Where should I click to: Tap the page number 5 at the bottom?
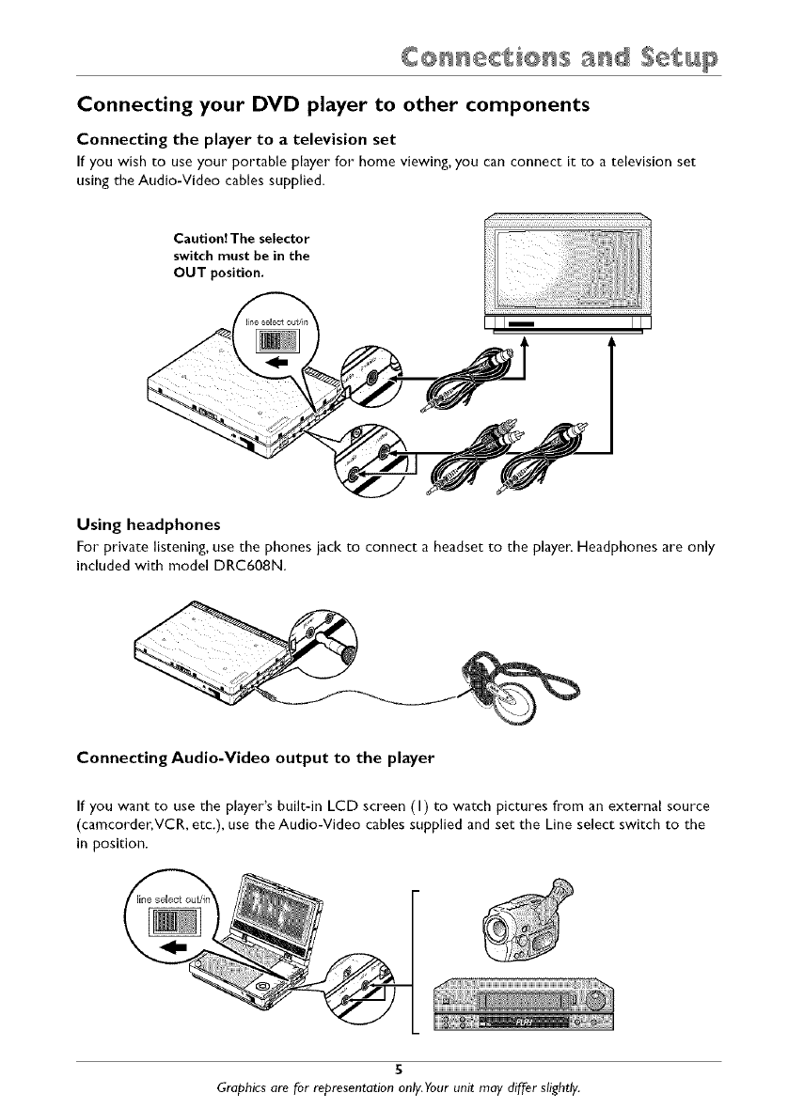(399, 1069)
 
